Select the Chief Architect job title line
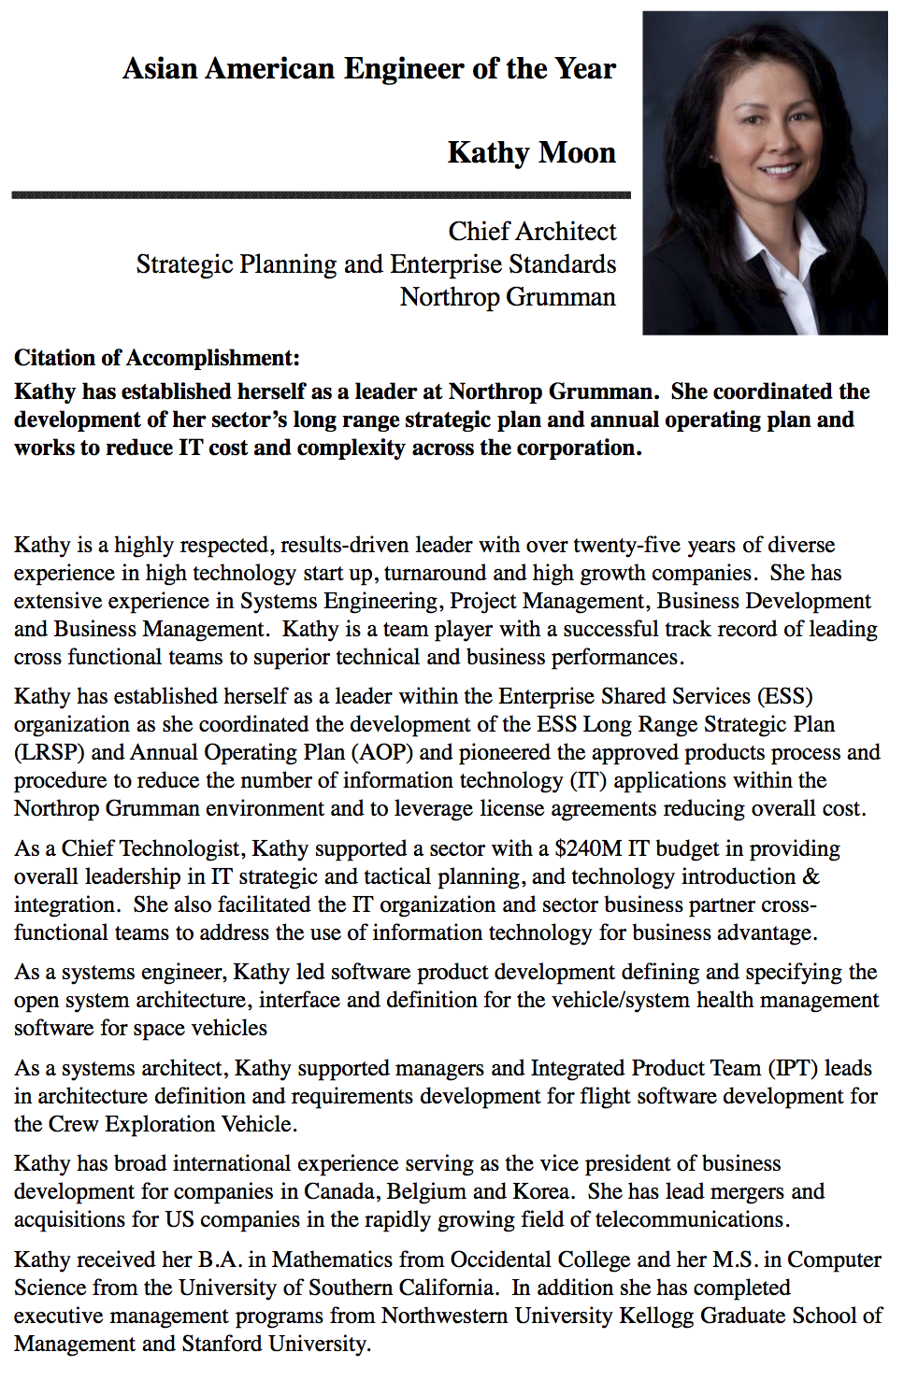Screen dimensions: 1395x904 (x=532, y=231)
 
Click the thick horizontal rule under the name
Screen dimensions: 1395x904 (x=321, y=195)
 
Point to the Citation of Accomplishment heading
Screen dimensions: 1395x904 (x=157, y=358)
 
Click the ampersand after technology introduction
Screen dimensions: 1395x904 (x=811, y=876)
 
